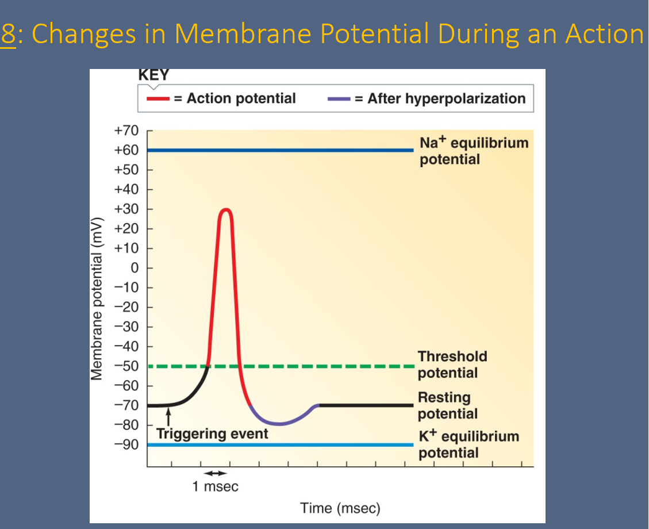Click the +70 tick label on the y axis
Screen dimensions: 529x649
(126, 131)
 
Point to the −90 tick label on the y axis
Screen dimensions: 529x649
(126, 444)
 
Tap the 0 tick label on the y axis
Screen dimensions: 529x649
(133, 268)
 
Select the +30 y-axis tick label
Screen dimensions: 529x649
(126, 209)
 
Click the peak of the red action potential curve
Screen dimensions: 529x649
(226, 209)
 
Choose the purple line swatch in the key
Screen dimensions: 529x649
(339, 98)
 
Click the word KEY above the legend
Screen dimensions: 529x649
(153, 75)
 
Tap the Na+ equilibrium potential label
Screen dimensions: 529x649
(474, 151)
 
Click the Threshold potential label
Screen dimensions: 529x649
(452, 365)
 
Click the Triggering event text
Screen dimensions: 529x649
(212, 434)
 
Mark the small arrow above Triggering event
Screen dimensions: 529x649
(168, 416)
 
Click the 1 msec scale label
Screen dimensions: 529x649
(215, 487)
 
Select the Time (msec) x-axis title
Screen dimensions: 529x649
(340, 508)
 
